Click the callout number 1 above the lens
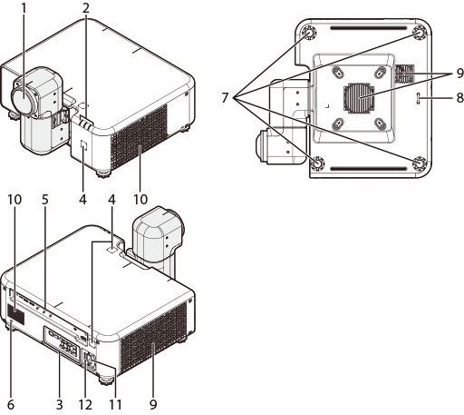(24, 8)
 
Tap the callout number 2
(86, 8)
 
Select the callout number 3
(60, 404)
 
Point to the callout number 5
(45, 200)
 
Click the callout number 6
(11, 404)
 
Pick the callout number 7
(225, 98)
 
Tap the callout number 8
(459, 98)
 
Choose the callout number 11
(115, 404)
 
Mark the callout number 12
(85, 404)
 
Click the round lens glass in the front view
(24, 97)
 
